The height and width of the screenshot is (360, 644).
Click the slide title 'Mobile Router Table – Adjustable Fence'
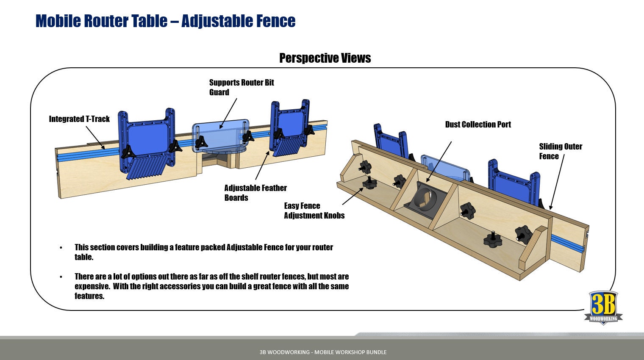[165, 21]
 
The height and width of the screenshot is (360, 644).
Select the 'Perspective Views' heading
[325, 58]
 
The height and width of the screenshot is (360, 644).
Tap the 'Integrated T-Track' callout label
[79, 119]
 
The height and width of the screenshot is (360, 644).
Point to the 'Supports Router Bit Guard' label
[241, 87]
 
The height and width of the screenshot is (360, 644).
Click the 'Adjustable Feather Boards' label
[255, 193]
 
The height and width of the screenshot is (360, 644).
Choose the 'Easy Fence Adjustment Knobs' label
[314, 210]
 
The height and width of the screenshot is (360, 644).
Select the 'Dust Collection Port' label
[478, 125]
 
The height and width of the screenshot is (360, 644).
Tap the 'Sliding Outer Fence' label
[560, 151]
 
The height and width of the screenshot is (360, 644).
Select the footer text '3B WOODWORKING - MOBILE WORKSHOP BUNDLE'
[323, 352]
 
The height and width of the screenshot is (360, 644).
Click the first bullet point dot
[61, 248]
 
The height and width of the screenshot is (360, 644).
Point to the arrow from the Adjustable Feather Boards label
[262, 166]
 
